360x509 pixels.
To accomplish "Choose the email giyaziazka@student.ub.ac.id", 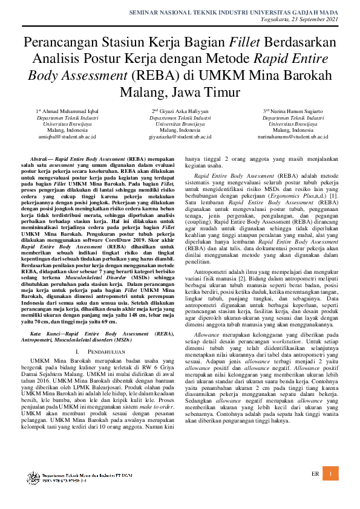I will pyautogui.click(x=176, y=137).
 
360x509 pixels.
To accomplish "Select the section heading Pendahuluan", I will pyautogui.click(x=96, y=351).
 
